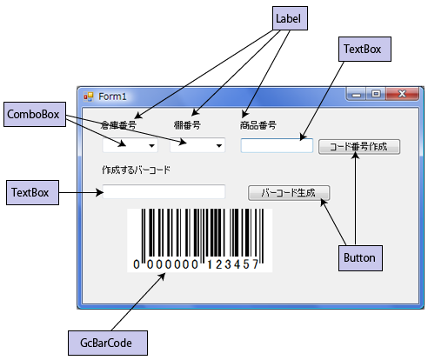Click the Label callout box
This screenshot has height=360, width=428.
[x=290, y=18]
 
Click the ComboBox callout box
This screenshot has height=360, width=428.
[x=35, y=114]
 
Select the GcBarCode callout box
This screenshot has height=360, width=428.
[x=108, y=343]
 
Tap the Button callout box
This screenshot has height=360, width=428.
[x=360, y=258]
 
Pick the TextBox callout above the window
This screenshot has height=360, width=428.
[x=364, y=49]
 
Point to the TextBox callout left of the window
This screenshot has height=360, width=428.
[x=32, y=192]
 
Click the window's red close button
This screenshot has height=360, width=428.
[x=402, y=94]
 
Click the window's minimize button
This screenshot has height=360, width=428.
[x=357, y=94]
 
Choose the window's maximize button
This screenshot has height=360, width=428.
[x=376, y=94]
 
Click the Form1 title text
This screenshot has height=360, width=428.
[x=112, y=97]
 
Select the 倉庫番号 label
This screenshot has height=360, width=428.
[x=118, y=125]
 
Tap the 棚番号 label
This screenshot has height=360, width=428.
[x=187, y=125]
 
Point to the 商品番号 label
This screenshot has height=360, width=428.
[x=257, y=125]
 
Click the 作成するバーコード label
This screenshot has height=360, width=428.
[x=136, y=170]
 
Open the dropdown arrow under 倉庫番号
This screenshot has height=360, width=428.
[x=151, y=146]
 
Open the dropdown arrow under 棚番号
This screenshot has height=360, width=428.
[x=219, y=146]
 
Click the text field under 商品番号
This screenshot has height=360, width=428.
[x=277, y=145]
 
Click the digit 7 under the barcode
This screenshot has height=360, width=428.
[x=255, y=264]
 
